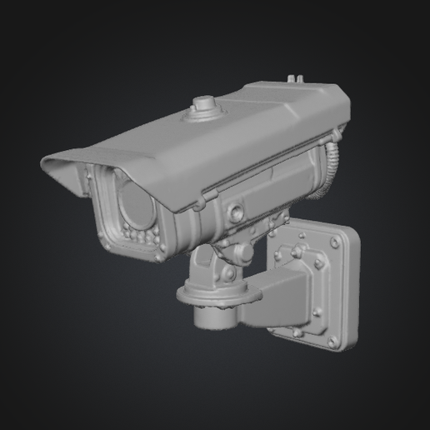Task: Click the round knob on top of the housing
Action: point(202,105)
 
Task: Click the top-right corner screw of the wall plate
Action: point(334,242)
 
